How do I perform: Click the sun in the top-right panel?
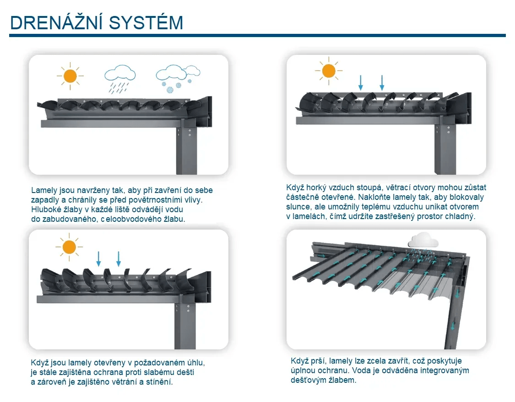[x=328, y=71]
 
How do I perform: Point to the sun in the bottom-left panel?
[x=69, y=247]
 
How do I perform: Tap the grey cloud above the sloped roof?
[x=423, y=240]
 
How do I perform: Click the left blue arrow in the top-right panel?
[x=361, y=82]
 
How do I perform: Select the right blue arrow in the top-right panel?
[x=382, y=82]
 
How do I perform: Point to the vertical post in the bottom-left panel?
[x=185, y=325]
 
